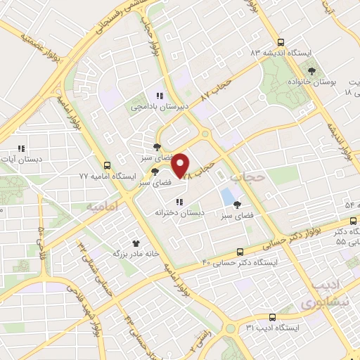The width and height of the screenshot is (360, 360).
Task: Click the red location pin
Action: pyautogui.click(x=181, y=165)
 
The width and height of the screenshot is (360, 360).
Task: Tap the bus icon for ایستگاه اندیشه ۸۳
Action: pyautogui.click(x=281, y=42)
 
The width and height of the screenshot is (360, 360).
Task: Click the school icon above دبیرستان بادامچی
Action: pyautogui.click(x=159, y=96)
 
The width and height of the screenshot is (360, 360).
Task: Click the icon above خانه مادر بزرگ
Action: pyautogui.click(x=126, y=241)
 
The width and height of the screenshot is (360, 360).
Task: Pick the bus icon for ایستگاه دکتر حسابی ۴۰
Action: pyautogui.click(x=240, y=251)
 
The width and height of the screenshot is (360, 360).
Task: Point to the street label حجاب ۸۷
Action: pyautogui.click(x=216, y=88)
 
